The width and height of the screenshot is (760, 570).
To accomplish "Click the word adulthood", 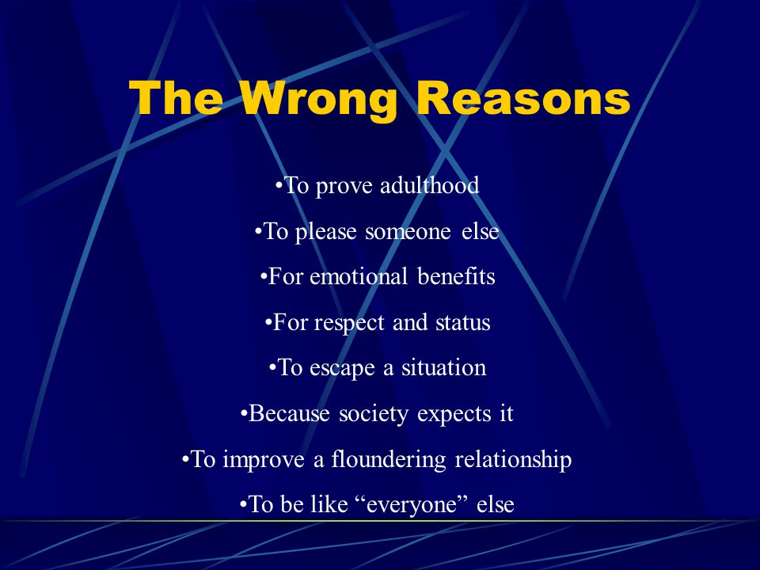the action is [x=429, y=185].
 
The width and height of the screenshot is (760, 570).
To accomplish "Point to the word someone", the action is [x=408, y=232].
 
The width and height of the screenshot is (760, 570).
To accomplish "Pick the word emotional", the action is [x=359, y=277].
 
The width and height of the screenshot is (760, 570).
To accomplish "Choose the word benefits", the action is [x=456, y=277].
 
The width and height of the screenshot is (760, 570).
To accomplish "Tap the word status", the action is [x=463, y=323].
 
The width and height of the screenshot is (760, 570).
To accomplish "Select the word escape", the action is [x=342, y=369].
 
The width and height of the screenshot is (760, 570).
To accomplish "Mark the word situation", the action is [x=443, y=367].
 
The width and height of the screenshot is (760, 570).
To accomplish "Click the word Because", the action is [x=289, y=413].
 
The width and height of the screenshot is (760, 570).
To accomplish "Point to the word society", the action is [x=373, y=414].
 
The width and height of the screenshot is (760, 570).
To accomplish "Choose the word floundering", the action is [x=389, y=459].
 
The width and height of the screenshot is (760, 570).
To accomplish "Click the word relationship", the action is [x=513, y=459].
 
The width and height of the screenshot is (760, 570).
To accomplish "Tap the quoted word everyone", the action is [x=412, y=505].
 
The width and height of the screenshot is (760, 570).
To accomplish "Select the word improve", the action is [x=264, y=459].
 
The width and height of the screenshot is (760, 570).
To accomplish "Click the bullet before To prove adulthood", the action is [x=278, y=185].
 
